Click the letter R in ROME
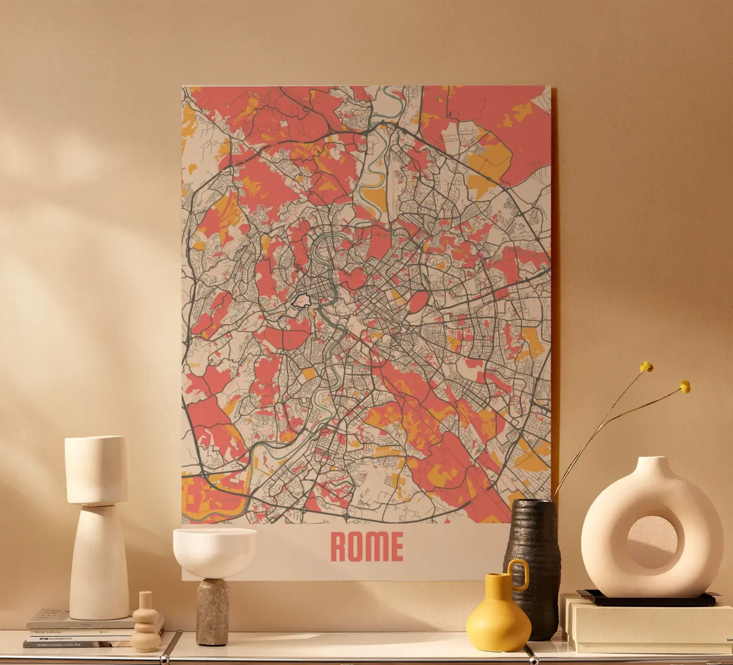coord(339,547)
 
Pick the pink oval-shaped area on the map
coord(418,302)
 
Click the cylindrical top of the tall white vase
coord(96,469)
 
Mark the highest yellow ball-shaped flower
coord(647,366)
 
